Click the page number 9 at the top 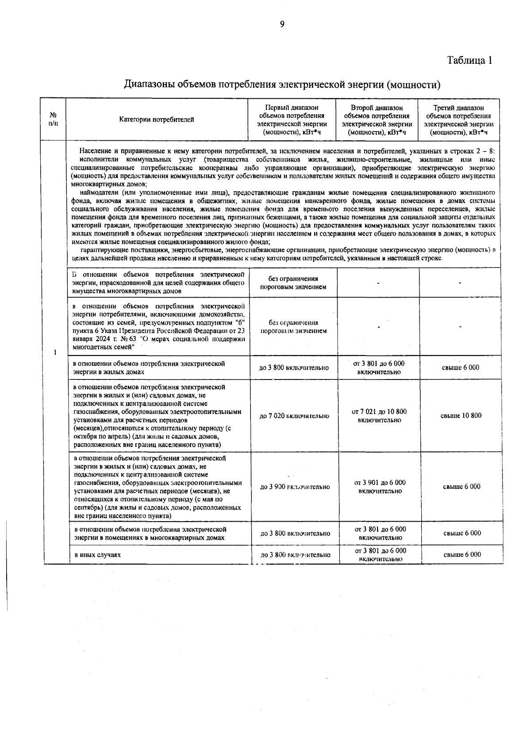(x=282, y=24)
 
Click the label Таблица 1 (x=469, y=60)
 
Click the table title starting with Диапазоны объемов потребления (x=282, y=84)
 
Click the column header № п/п (x=53, y=120)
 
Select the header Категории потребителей (x=157, y=120)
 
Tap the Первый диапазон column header (x=292, y=120)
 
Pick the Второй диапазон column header (x=377, y=120)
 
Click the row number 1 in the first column (x=55, y=353)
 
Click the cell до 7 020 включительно (x=294, y=416)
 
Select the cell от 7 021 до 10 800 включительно (x=379, y=416)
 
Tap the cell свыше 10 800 (x=461, y=416)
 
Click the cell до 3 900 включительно (x=295, y=487)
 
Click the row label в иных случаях (x=97, y=555)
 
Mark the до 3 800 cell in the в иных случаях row (x=295, y=555)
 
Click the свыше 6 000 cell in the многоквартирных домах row (x=462, y=533)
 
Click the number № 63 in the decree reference (x=135, y=339)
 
